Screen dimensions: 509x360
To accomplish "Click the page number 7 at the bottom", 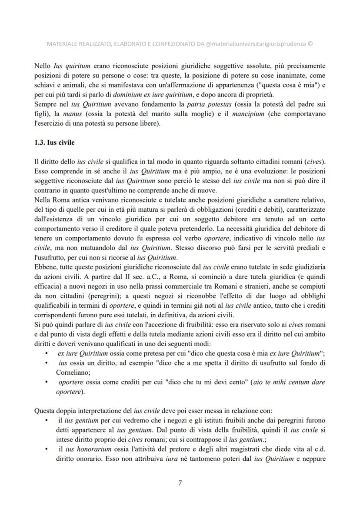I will (x=180, y=482).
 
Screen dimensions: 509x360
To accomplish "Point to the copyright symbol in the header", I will (x=310, y=43).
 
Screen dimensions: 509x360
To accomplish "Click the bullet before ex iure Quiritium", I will (x=47, y=353).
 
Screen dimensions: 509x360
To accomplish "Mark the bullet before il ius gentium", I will (x=47, y=420).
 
